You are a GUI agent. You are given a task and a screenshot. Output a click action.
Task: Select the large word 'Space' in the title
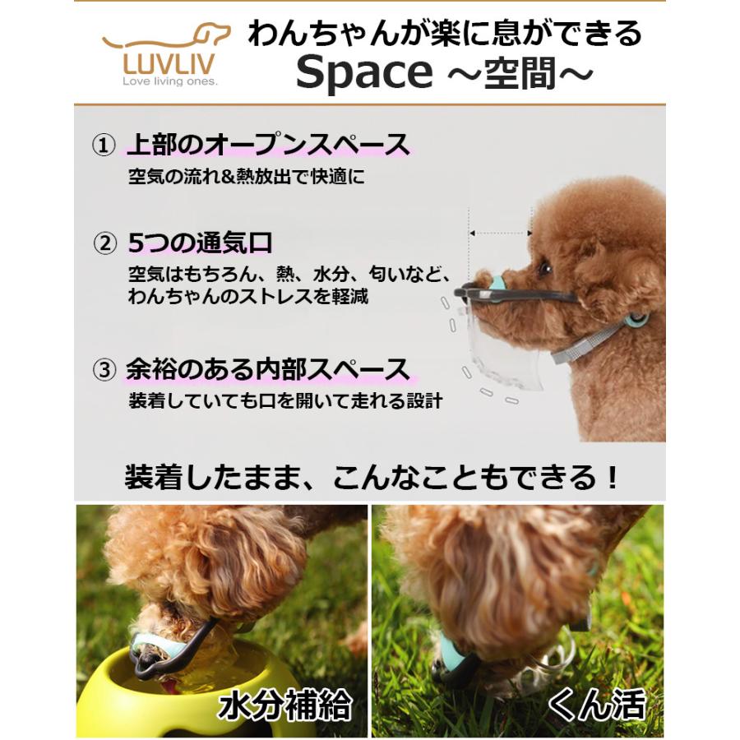click(363, 74)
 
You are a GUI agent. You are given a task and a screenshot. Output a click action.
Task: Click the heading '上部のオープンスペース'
click(268, 146)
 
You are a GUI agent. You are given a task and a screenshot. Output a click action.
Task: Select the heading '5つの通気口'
click(200, 243)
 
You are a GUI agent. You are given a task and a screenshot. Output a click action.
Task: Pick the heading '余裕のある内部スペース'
click(268, 370)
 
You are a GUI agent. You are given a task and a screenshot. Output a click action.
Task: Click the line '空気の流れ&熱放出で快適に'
click(245, 177)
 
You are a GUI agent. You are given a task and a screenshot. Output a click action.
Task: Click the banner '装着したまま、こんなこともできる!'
click(370, 478)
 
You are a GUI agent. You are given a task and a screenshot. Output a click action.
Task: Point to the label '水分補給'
click(284, 705)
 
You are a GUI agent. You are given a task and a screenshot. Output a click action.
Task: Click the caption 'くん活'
click(598, 705)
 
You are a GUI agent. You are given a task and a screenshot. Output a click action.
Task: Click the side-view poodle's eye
click(544, 268)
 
